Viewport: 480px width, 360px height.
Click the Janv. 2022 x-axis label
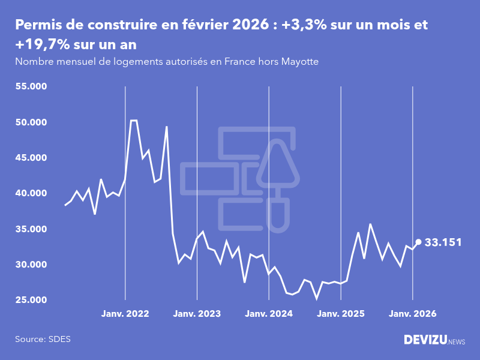pyautogui.click(x=125, y=314)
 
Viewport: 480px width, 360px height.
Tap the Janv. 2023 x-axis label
pyautogui.click(x=197, y=314)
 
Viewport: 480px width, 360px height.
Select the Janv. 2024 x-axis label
pyautogui.click(x=269, y=314)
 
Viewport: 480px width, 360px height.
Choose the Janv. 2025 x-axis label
pyautogui.click(x=341, y=314)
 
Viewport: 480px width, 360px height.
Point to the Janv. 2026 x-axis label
pyautogui.click(x=412, y=314)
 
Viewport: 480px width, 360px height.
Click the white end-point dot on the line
pyautogui.click(x=418, y=242)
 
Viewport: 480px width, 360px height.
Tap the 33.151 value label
pyautogui.click(x=443, y=242)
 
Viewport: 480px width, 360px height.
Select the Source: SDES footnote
pyautogui.click(x=43, y=339)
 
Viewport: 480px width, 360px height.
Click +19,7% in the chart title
pyautogui.click(x=41, y=46)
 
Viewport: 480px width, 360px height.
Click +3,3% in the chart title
pyautogui.click(x=314, y=25)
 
